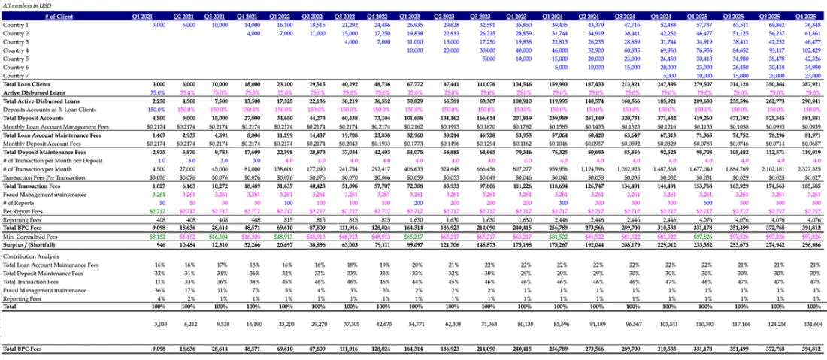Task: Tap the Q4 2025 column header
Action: click(x=810, y=16)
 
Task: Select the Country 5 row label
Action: click(x=16, y=58)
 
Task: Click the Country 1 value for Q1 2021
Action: click(x=159, y=25)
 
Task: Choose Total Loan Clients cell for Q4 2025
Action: click(x=808, y=83)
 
